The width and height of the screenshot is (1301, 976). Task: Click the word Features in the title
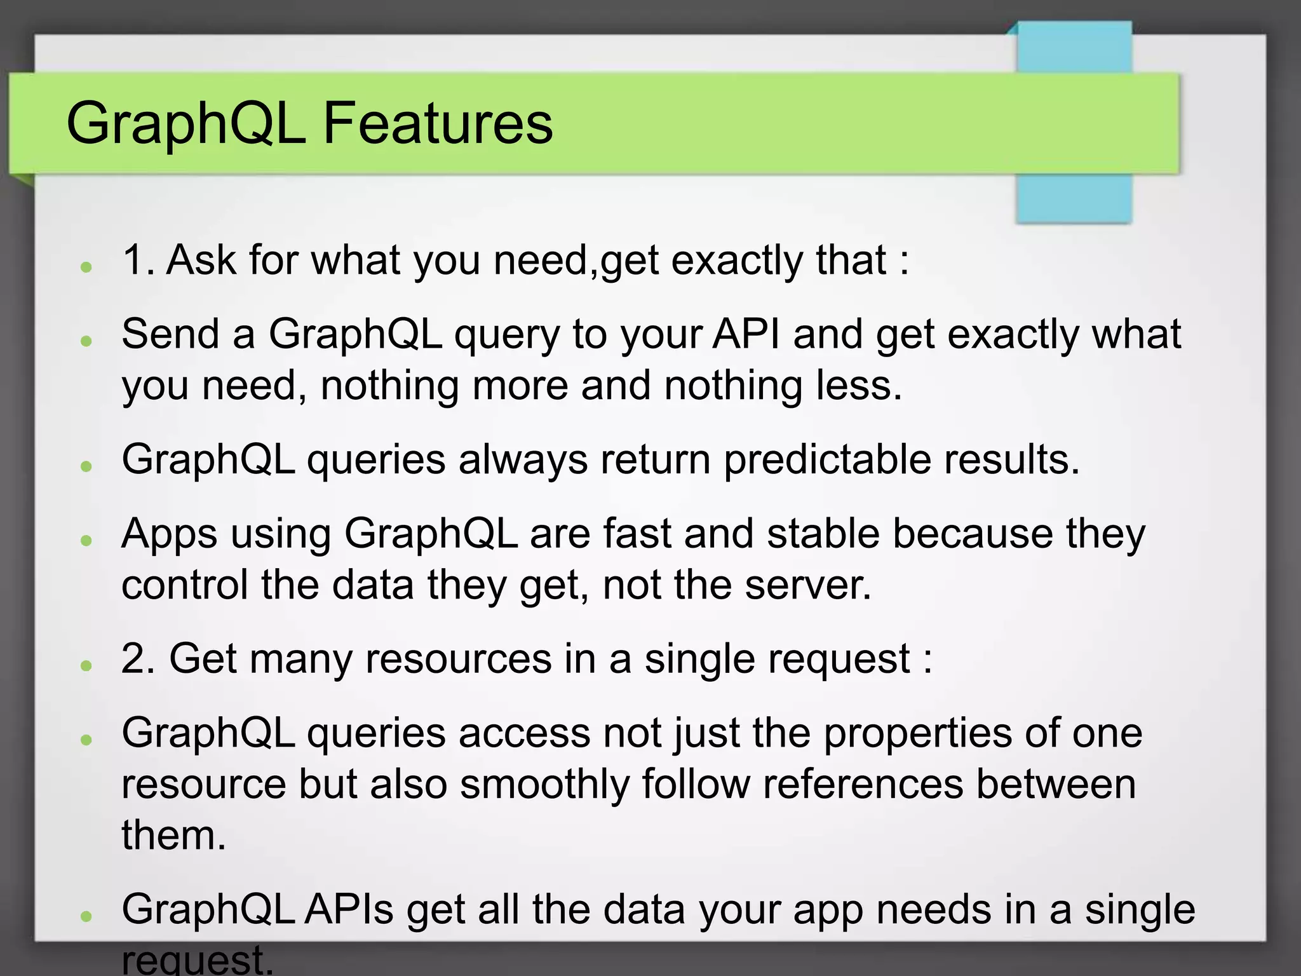[438, 123]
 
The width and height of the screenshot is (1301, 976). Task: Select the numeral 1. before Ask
[138, 260]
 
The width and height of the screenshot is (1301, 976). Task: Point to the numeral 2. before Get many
[138, 658]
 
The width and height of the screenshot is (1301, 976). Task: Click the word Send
[170, 334]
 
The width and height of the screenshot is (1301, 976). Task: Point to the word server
[807, 586]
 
